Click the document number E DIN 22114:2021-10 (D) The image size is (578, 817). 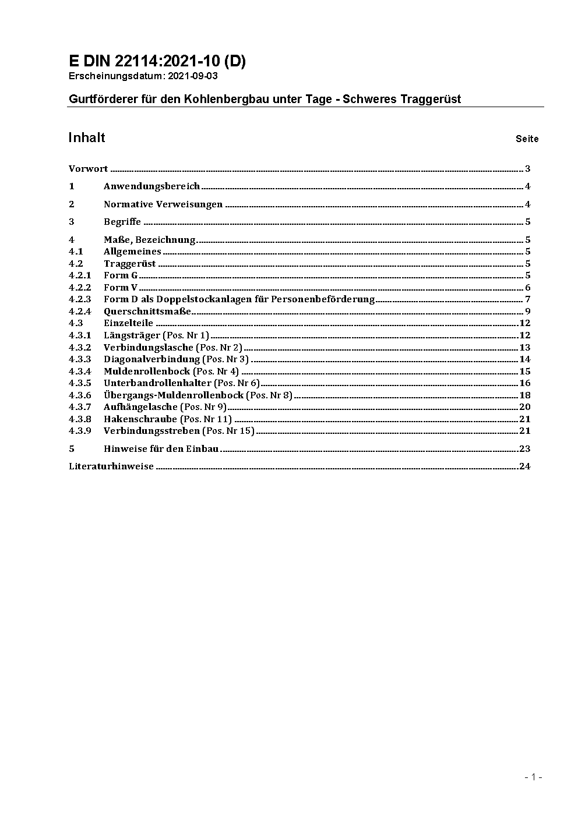(x=157, y=62)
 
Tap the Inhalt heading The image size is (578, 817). (x=87, y=137)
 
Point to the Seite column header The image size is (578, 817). (x=527, y=139)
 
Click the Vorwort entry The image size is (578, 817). (x=88, y=169)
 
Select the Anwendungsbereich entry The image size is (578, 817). (x=151, y=186)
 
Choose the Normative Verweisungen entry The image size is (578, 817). (x=163, y=204)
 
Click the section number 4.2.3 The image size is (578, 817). (x=80, y=299)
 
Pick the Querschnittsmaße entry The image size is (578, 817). (x=147, y=311)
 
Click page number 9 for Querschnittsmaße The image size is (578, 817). (x=527, y=311)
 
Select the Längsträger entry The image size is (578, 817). (x=132, y=335)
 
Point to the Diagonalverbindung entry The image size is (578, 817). (x=151, y=359)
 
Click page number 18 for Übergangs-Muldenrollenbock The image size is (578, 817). (x=524, y=395)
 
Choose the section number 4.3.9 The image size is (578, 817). (x=80, y=431)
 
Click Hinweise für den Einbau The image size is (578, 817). (x=161, y=449)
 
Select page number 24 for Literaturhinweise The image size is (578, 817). (x=524, y=466)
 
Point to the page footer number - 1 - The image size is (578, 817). (x=533, y=777)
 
